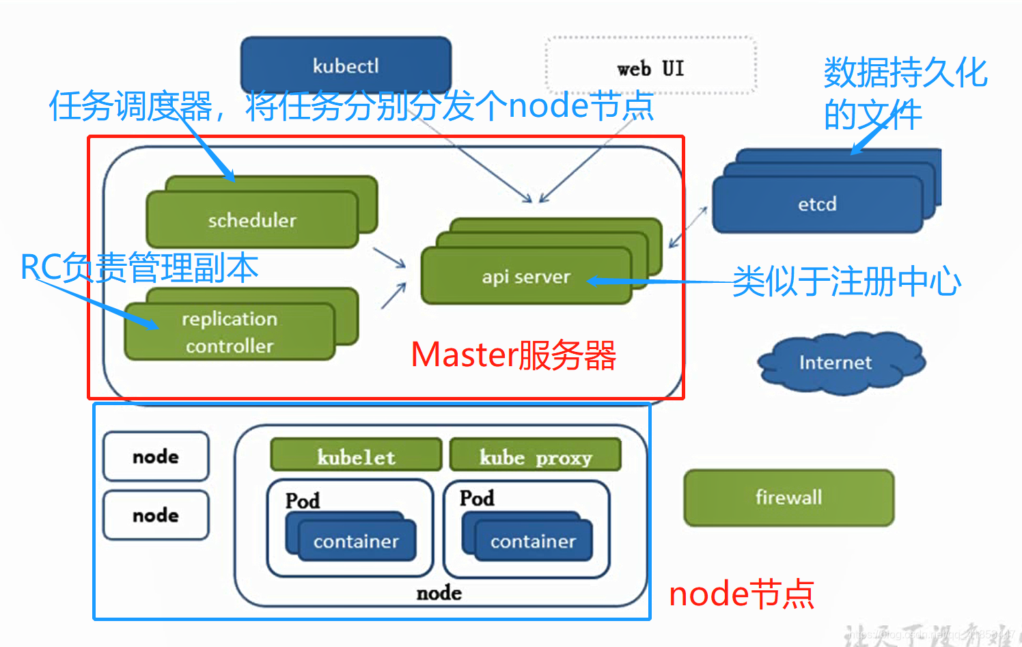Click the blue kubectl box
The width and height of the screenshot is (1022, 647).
[x=346, y=65]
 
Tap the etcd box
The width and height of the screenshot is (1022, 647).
[x=817, y=204]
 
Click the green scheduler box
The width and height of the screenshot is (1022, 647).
[x=252, y=219]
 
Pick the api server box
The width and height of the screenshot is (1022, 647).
[x=525, y=276]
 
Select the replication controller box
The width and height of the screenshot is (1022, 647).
[x=230, y=332]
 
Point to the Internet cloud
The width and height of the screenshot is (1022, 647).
[x=835, y=362]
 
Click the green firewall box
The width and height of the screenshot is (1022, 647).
[x=788, y=497]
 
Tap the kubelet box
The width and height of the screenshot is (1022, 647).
[x=356, y=456]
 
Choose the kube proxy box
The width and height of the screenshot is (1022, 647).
[x=535, y=456]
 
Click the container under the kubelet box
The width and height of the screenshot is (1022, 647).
[x=356, y=540]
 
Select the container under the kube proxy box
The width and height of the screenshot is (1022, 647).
[x=533, y=540]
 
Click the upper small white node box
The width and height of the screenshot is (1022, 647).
[x=156, y=456]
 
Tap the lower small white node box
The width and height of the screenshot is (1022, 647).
[x=156, y=514]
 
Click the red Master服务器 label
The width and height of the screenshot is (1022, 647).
[x=514, y=355]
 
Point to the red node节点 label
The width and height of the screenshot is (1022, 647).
[x=741, y=594]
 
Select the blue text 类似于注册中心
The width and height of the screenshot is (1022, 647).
[x=846, y=281]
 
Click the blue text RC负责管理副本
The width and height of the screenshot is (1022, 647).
[x=139, y=267]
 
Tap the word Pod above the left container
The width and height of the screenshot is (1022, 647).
[x=302, y=500]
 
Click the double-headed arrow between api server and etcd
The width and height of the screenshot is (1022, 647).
[x=688, y=227]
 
